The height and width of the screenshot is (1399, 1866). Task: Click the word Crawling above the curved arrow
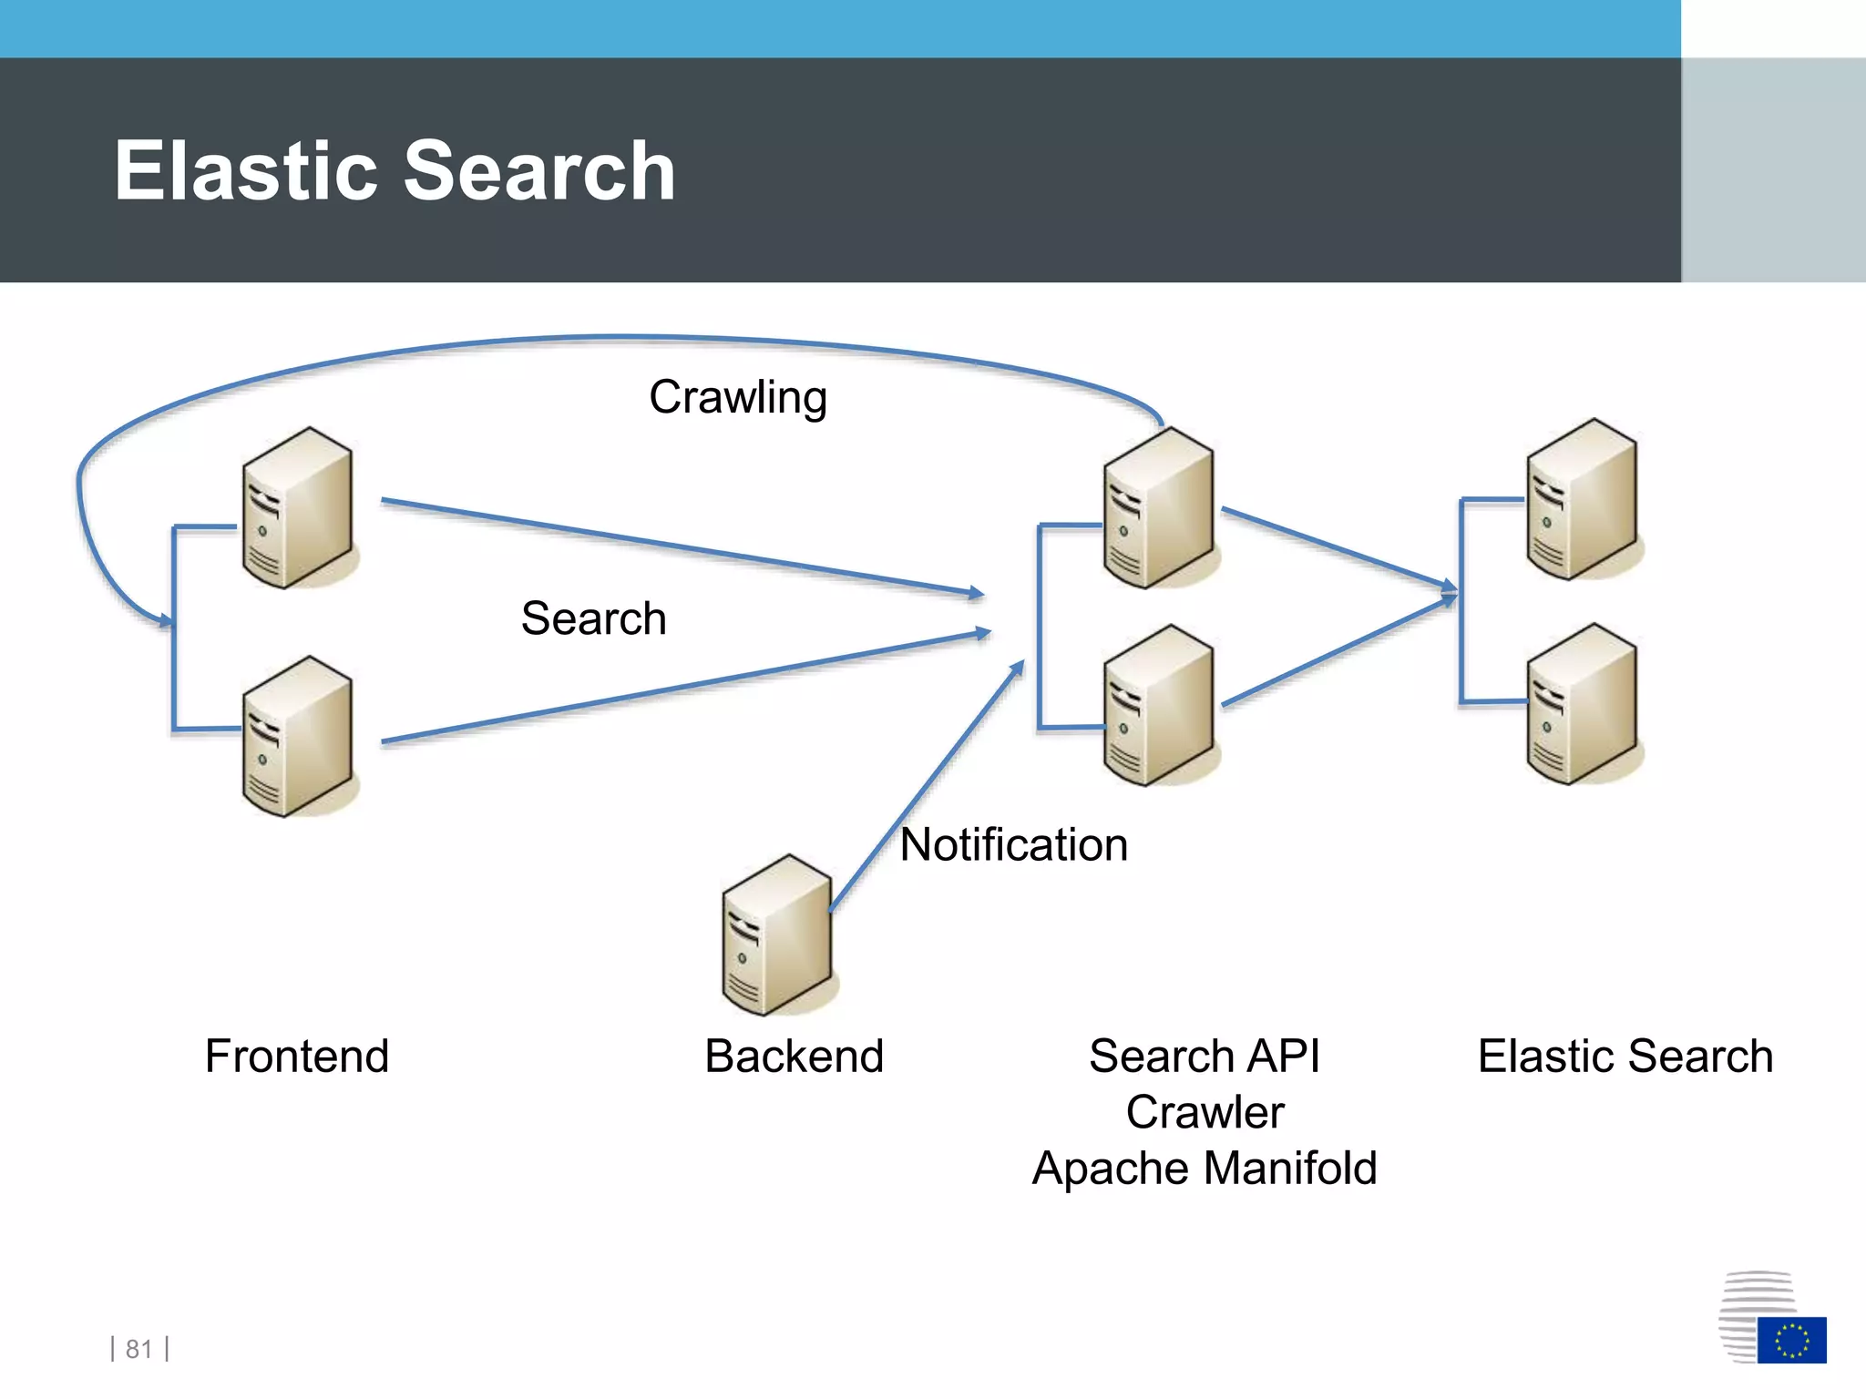tap(738, 398)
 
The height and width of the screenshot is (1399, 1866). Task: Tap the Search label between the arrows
tap(593, 618)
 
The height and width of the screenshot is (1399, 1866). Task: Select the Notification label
tap(1013, 844)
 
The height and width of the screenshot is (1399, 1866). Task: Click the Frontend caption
tap(297, 1057)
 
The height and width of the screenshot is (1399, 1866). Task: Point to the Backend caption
tap(794, 1057)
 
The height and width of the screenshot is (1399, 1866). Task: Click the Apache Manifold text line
tap(1204, 1169)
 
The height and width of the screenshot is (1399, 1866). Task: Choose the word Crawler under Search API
tap(1205, 1112)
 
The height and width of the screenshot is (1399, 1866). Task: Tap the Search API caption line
tap(1204, 1057)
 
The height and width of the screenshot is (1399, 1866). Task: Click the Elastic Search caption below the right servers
tap(1625, 1057)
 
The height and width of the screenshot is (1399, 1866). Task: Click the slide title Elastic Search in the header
tap(395, 171)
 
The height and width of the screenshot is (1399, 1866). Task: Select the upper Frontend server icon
tap(297, 508)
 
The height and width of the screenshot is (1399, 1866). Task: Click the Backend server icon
tap(776, 935)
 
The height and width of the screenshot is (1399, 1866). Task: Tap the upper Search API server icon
tap(1158, 508)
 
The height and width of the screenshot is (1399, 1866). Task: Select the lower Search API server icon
tap(1158, 705)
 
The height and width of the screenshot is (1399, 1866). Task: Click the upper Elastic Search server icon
tap(1582, 499)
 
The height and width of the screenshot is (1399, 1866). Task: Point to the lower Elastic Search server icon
tap(1582, 704)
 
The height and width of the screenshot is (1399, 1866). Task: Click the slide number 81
tap(139, 1349)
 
